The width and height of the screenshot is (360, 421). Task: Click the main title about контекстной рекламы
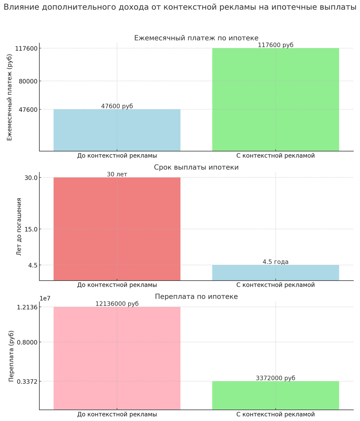pos(180,7)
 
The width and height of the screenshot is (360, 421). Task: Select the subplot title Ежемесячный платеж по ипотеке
pos(196,38)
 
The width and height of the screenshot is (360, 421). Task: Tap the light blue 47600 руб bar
pos(117,130)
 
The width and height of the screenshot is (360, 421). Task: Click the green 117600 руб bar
pos(275,100)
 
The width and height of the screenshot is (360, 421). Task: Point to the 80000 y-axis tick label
pos(27,81)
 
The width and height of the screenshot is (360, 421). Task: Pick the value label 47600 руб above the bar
pos(117,106)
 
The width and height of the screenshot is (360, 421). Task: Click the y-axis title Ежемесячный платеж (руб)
pos(9,98)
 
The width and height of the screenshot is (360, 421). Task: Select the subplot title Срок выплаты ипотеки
pos(196,167)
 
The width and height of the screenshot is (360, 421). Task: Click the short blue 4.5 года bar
pos(275,273)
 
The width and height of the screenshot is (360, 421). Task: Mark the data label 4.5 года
pos(275,262)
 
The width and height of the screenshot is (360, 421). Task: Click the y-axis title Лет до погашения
pos(19,227)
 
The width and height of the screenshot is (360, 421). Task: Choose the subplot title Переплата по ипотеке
pos(196,297)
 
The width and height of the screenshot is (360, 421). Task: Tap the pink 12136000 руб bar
pos(117,358)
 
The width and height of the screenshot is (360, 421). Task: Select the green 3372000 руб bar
pos(275,395)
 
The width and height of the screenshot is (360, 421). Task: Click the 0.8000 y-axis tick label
pos(27,342)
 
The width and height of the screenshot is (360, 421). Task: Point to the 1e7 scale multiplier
pos(45,299)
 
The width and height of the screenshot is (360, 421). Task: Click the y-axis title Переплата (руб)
pos(12,356)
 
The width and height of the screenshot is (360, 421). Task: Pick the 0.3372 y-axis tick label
pos(27,381)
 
